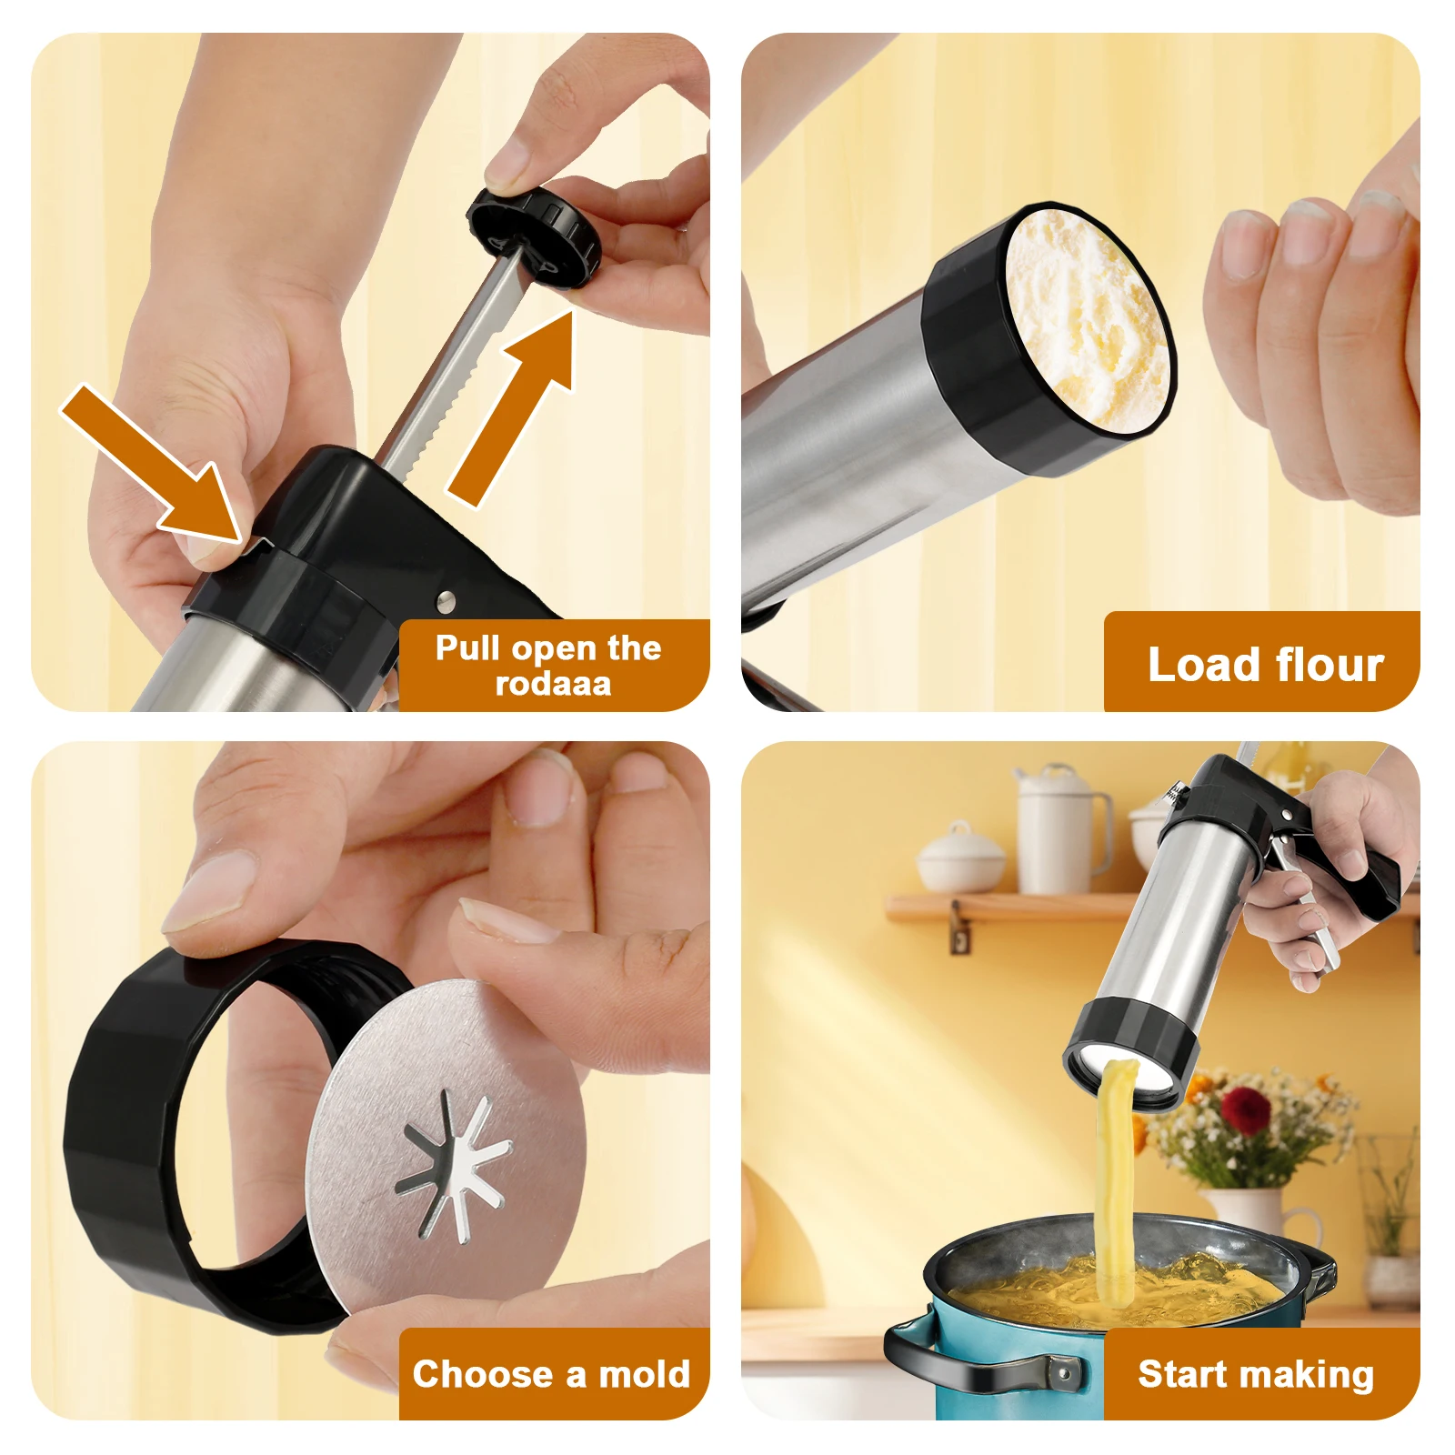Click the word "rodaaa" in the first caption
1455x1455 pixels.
click(x=553, y=684)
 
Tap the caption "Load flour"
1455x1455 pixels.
click(x=1265, y=665)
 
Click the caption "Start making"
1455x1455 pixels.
click(x=1255, y=1374)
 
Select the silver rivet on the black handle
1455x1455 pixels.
click(x=446, y=599)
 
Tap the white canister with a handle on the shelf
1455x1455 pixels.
click(x=1059, y=832)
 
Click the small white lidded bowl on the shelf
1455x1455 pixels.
click(x=960, y=859)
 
